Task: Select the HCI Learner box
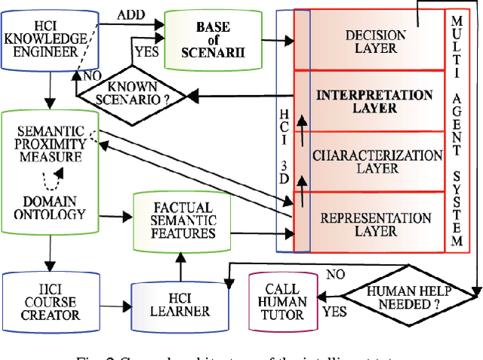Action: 180,304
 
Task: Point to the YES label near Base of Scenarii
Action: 146,53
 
